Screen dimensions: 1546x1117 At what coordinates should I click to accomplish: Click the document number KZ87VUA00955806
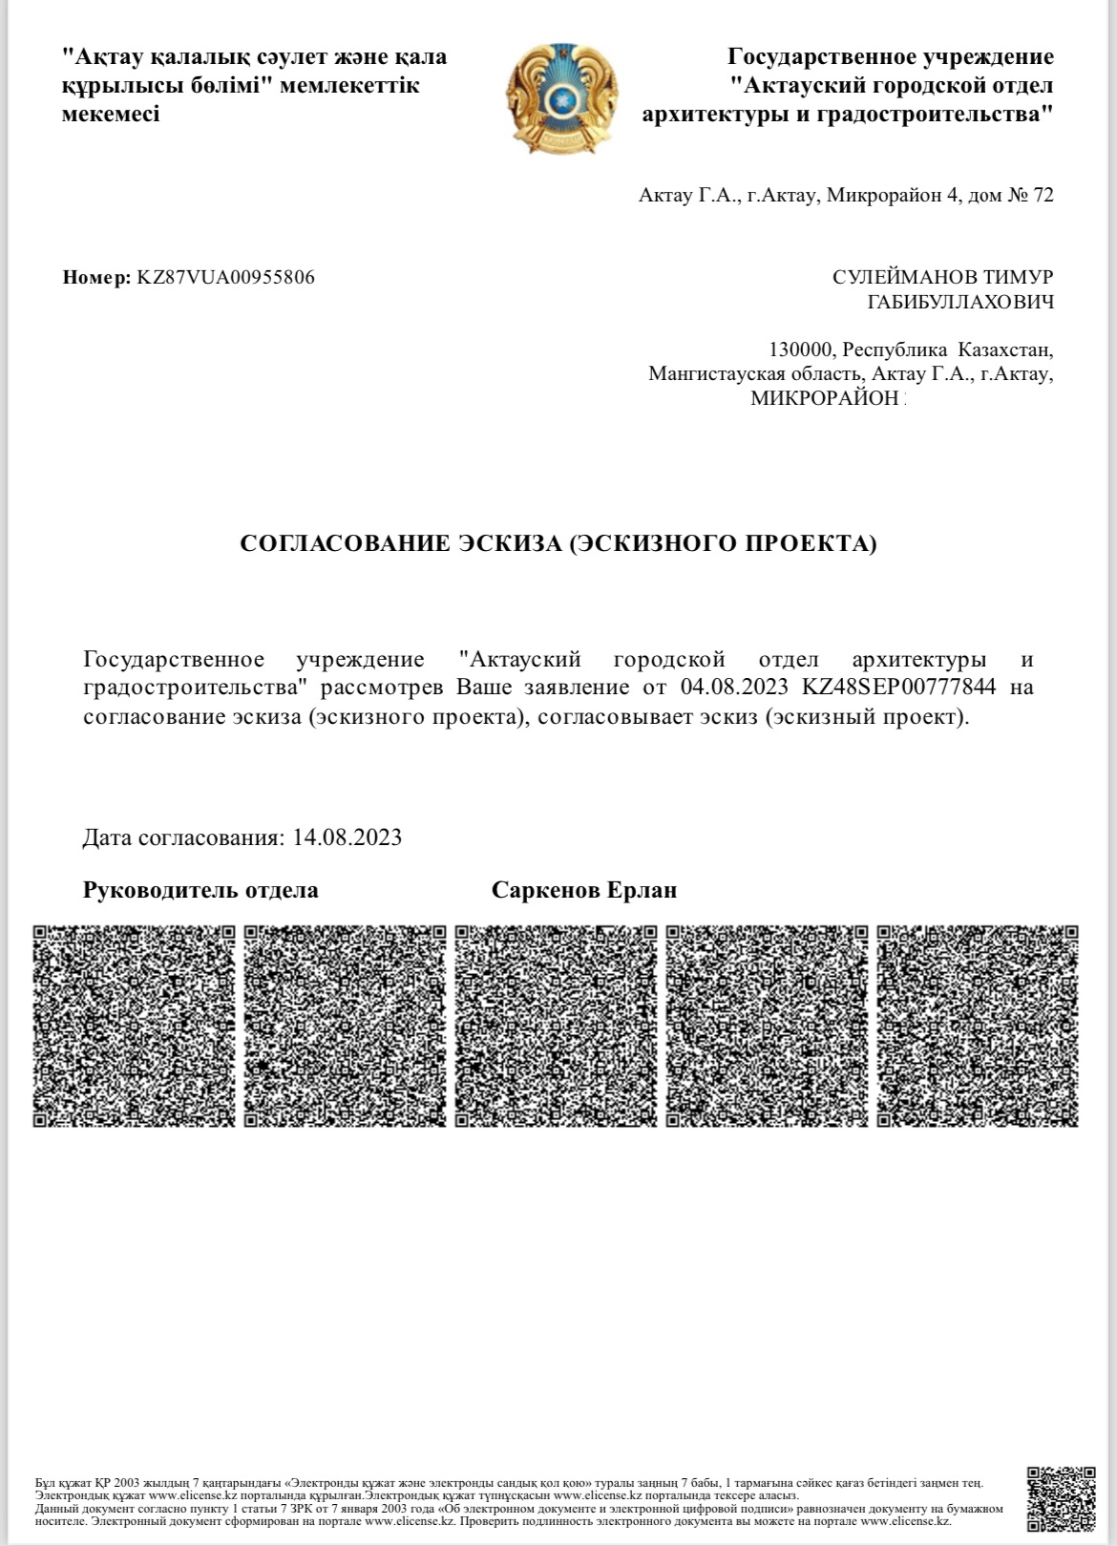[225, 278]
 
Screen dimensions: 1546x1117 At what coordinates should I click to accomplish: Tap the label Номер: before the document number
[96, 278]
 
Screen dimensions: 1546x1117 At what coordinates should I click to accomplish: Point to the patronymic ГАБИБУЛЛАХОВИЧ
[959, 303]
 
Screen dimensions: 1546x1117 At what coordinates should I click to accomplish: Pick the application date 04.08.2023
[734, 687]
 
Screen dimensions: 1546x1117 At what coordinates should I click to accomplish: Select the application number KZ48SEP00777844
[899, 687]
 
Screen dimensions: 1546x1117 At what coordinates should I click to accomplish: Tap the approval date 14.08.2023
[348, 837]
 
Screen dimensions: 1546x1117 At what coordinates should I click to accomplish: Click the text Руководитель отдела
[201, 890]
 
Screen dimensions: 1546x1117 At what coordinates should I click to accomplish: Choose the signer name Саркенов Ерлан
[584, 890]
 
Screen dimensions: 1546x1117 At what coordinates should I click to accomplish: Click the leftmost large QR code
[134, 1026]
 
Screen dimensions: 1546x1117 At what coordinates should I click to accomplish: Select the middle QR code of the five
[556, 1026]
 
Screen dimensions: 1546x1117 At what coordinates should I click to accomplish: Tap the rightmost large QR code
[978, 1026]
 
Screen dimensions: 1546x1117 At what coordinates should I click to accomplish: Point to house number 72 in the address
[1043, 196]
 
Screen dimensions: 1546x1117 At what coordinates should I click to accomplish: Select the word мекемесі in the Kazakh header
[111, 114]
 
